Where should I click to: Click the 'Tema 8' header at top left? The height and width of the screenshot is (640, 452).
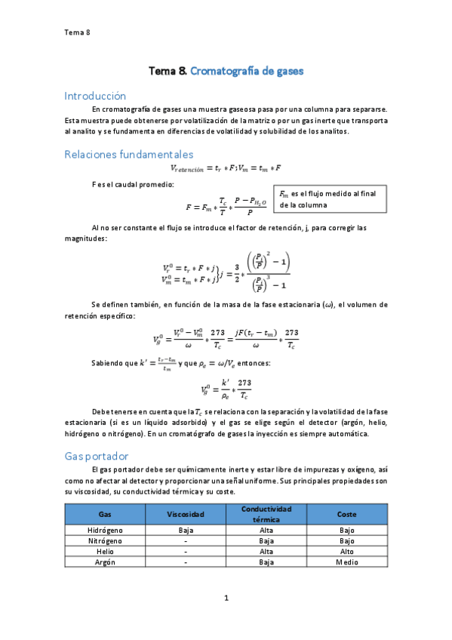pyautogui.click(x=77, y=32)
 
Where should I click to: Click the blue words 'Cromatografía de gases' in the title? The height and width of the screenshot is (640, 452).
pyautogui.click(x=246, y=71)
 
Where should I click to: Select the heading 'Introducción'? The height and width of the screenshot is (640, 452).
pyautogui.click(x=95, y=96)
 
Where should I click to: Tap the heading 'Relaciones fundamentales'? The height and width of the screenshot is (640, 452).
pyautogui.click(x=128, y=154)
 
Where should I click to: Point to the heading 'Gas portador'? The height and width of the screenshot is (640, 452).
pyautogui.click(x=97, y=457)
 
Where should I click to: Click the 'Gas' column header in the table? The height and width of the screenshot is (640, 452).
pyautogui.click(x=106, y=514)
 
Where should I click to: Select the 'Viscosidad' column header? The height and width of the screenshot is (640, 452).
pyautogui.click(x=186, y=514)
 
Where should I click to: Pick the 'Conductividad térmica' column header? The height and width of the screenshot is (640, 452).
pyautogui.click(x=266, y=514)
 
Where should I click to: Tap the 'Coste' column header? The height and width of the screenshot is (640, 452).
pyautogui.click(x=347, y=514)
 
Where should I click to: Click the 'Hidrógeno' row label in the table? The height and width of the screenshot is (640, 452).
pyautogui.click(x=106, y=531)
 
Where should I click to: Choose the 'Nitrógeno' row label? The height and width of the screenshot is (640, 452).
pyautogui.click(x=106, y=541)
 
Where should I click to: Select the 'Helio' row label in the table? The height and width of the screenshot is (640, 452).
pyautogui.click(x=106, y=552)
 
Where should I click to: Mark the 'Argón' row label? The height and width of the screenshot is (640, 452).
pyautogui.click(x=106, y=562)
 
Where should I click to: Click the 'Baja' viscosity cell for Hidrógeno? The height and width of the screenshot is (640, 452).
pyautogui.click(x=186, y=531)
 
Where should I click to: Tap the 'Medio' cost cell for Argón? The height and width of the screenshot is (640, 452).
pyautogui.click(x=347, y=562)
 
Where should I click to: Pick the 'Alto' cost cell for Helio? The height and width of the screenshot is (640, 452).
pyautogui.click(x=347, y=552)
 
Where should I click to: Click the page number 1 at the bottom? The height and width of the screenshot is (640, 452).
pyautogui.click(x=226, y=598)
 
